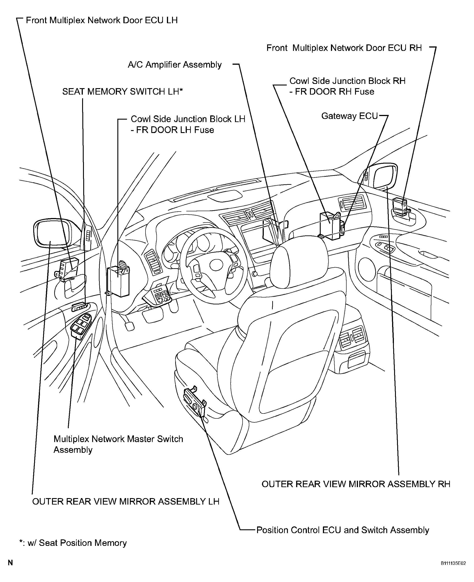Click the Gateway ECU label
point(349,116)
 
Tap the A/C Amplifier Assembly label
point(175,65)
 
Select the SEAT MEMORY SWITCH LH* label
point(122,91)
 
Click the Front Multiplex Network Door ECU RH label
point(344,48)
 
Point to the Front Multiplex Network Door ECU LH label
point(102,20)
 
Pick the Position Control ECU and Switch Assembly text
point(343,530)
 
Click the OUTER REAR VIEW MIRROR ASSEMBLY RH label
point(356,484)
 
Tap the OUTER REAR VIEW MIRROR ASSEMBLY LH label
point(126,501)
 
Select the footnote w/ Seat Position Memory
point(73,543)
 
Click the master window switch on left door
point(81,326)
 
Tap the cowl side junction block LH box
point(118,281)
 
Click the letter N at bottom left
point(10,563)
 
